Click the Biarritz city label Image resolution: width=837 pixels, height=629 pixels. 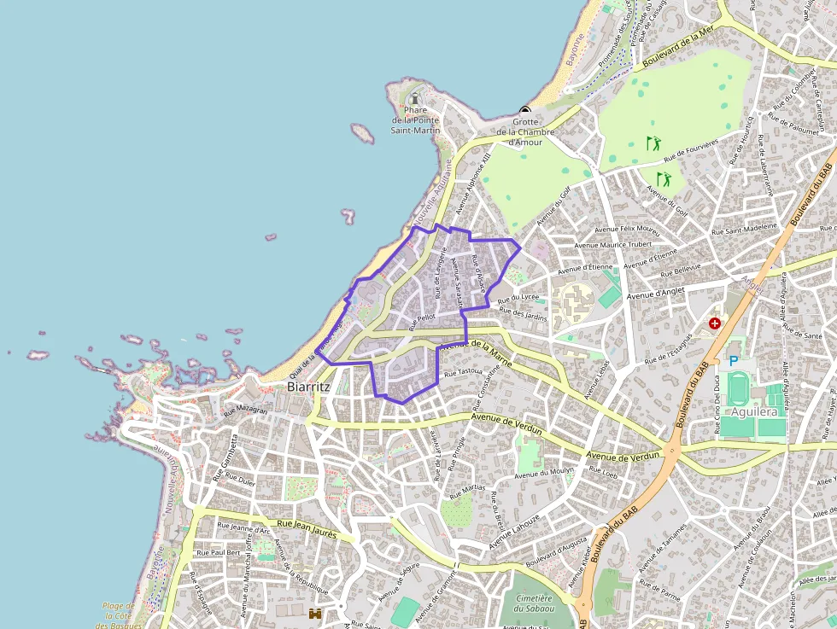(308, 387)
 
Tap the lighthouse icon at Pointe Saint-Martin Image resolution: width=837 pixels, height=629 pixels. (416, 98)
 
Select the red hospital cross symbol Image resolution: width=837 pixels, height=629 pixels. (714, 325)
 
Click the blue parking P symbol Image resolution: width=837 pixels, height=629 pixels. (733, 361)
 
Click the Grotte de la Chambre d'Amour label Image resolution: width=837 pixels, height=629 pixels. (525, 131)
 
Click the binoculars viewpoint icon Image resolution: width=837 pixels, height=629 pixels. (315, 614)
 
